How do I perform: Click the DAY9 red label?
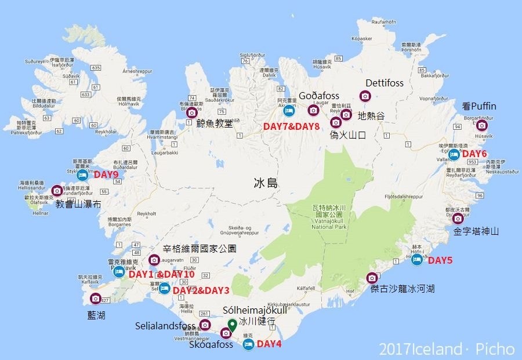click(106, 174)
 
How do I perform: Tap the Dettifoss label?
click(384, 83)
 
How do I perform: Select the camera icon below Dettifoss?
click(365, 96)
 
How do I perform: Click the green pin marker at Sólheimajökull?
click(232, 325)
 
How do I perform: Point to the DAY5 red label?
click(440, 260)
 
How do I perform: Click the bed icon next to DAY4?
click(248, 344)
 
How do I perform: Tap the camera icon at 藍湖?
click(96, 299)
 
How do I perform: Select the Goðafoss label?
click(319, 96)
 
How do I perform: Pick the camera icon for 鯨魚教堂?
click(191, 112)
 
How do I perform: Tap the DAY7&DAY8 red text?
click(291, 126)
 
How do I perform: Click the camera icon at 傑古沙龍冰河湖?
click(372, 278)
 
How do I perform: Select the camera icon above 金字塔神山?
click(458, 219)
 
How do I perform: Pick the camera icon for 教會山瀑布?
click(57, 190)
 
